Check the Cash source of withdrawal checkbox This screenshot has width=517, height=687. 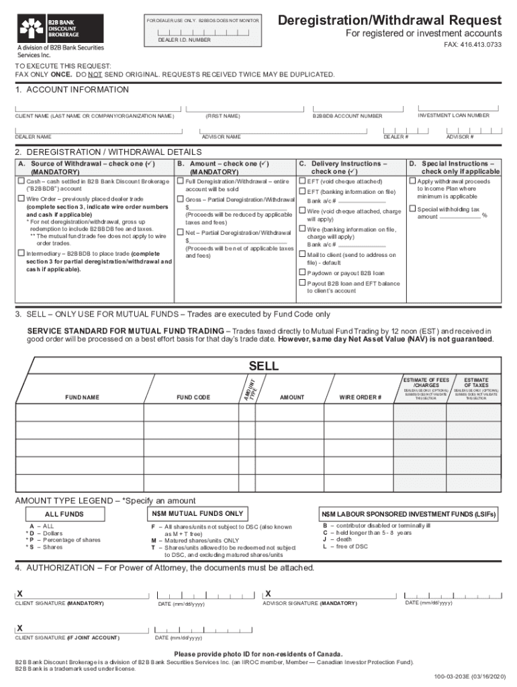click(x=21, y=181)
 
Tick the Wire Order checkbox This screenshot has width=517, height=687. click(x=21, y=199)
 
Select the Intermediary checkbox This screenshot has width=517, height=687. click(x=21, y=254)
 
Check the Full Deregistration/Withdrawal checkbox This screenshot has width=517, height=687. click(x=180, y=181)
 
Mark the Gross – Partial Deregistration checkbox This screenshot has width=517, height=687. click(x=180, y=200)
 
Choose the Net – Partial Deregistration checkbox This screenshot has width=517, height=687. click(x=180, y=233)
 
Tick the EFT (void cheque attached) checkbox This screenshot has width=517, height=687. click(x=301, y=181)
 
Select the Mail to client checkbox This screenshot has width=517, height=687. click(x=301, y=255)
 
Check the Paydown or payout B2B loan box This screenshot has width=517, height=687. click(x=301, y=273)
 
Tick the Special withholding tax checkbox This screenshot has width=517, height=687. click(x=412, y=209)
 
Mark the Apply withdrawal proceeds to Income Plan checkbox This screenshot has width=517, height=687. click(x=412, y=181)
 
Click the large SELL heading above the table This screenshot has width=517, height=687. click(x=263, y=366)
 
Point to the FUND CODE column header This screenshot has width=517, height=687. click(x=193, y=397)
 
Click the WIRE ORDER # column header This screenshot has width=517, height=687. click(x=361, y=397)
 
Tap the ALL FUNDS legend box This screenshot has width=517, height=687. click(x=64, y=514)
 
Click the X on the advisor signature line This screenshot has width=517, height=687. click(x=268, y=594)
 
